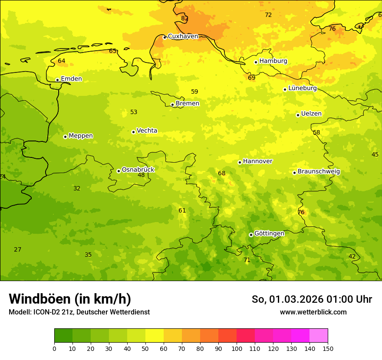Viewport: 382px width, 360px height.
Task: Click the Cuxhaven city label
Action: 183,36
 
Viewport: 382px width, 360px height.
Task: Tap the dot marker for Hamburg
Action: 256,62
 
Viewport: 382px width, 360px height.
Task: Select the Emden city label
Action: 71,79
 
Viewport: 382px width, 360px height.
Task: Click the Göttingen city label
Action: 269,233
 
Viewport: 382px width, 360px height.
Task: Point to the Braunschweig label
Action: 319,172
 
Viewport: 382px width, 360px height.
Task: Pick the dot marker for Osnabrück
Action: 119,171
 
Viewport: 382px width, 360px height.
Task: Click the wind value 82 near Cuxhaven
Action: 185,19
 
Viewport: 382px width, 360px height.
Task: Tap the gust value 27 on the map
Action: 17,250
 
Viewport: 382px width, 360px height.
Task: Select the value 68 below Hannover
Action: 221,173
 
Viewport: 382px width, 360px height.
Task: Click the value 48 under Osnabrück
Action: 141,175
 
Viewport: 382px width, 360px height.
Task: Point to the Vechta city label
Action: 147,131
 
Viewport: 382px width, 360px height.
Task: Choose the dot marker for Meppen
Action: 65,137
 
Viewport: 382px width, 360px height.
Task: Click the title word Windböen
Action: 39,299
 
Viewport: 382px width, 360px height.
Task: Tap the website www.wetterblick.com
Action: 313,312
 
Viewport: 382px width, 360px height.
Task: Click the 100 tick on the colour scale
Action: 237,348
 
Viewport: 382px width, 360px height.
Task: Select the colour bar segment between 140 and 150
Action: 319,336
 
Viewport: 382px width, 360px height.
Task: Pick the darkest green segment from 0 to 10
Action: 63,336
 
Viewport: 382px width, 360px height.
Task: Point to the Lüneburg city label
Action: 302,88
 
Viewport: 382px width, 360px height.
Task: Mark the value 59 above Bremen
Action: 194,92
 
